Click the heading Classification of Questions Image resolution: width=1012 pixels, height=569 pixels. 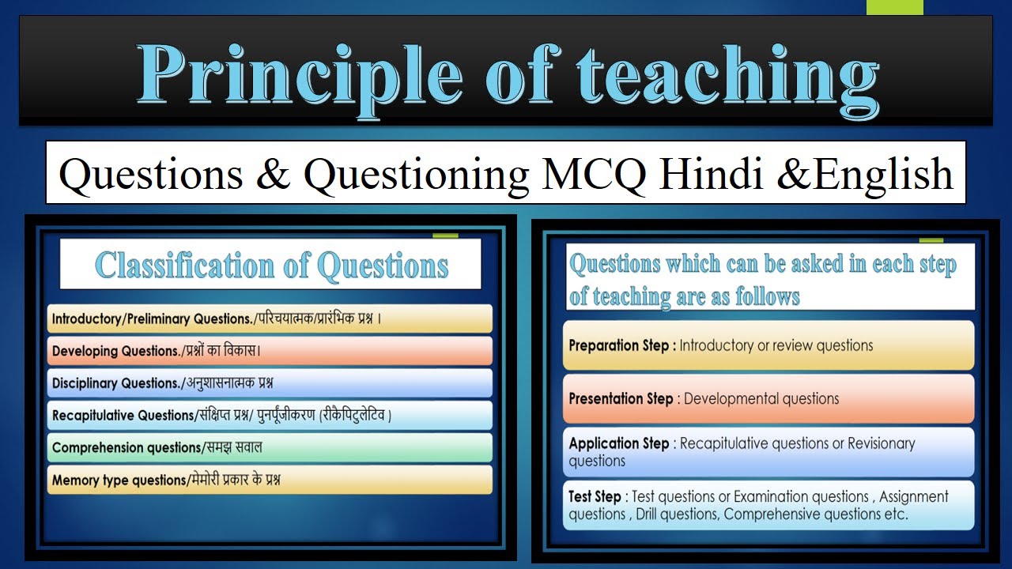(271, 266)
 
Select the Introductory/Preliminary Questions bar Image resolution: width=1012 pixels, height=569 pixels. (269, 319)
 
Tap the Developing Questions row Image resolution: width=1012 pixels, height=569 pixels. (269, 351)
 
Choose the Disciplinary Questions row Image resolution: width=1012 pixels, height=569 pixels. (269, 383)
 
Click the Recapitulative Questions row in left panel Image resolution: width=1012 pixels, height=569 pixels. (269, 415)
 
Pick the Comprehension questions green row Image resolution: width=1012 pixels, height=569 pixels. (269, 447)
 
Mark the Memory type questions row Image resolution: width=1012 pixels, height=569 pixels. (269, 480)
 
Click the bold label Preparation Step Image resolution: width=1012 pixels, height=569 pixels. (619, 345)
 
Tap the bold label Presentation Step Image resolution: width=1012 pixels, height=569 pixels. (621, 398)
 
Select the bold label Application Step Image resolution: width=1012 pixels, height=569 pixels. (619, 443)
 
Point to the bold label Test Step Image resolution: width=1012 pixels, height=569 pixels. (595, 496)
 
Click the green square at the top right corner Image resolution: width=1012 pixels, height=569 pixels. (894, 7)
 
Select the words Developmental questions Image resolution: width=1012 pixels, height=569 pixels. (761, 398)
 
